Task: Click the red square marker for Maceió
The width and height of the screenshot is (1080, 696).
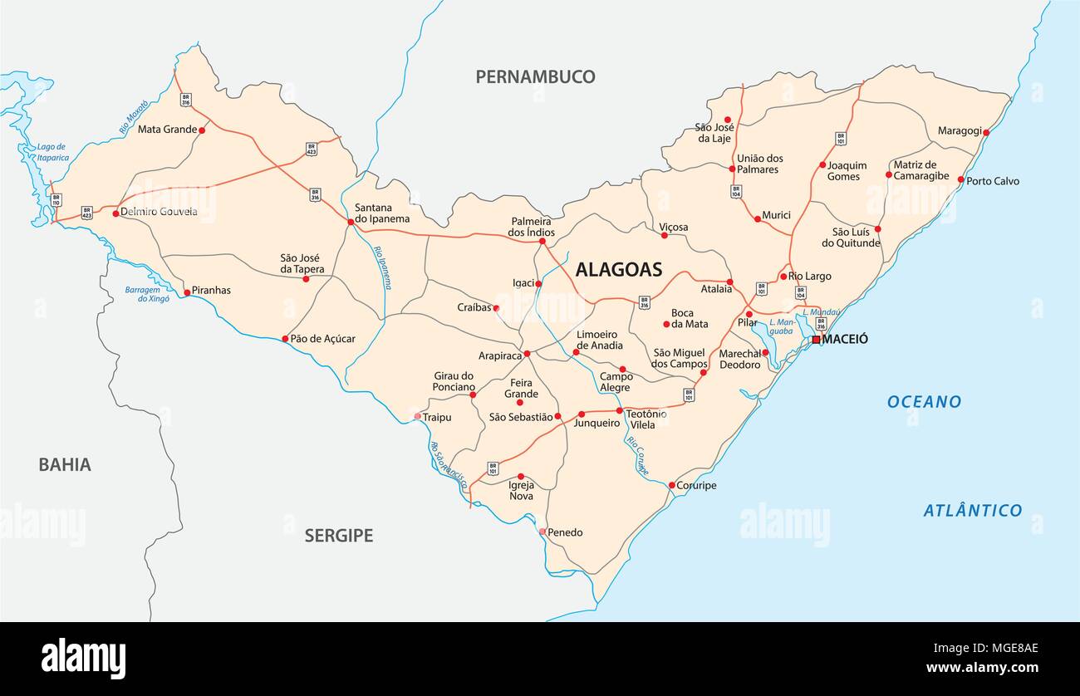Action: click(x=816, y=340)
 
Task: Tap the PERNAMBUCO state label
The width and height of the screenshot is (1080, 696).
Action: click(x=535, y=77)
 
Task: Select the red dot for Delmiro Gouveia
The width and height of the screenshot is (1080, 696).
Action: click(x=115, y=213)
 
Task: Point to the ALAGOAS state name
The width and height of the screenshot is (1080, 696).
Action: click(x=619, y=269)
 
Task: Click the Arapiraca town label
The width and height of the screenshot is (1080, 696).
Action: click(x=499, y=355)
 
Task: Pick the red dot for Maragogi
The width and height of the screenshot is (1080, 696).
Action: click(x=985, y=132)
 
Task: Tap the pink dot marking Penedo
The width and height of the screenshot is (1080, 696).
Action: click(x=542, y=532)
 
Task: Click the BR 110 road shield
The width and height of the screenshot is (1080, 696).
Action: click(x=56, y=200)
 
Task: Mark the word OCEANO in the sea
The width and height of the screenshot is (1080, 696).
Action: click(x=924, y=402)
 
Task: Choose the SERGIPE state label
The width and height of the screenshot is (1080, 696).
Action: click(x=338, y=536)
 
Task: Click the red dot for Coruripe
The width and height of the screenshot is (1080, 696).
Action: click(x=671, y=485)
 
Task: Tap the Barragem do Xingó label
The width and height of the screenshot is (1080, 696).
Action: click(x=147, y=293)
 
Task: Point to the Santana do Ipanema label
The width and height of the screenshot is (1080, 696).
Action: click(x=382, y=213)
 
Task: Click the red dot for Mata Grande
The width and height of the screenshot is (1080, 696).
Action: click(x=202, y=130)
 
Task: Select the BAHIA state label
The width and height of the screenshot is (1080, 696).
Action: click(x=64, y=464)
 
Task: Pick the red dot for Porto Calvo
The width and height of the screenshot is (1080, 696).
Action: click(x=960, y=179)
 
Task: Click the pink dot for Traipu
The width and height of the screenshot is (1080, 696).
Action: click(x=417, y=416)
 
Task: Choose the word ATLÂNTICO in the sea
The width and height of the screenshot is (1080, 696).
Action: click(x=972, y=510)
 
